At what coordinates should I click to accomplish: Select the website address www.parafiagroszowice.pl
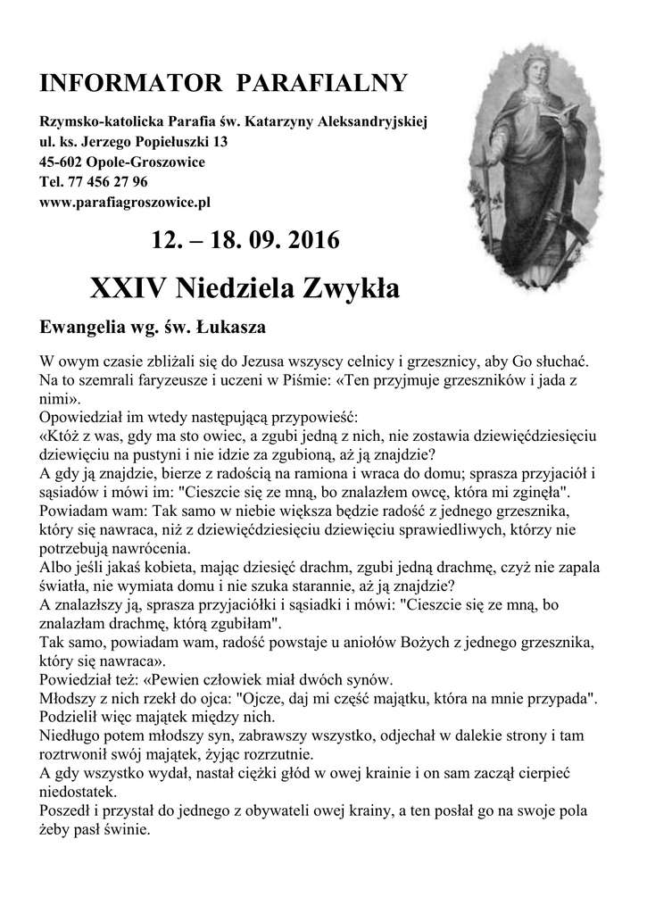125,203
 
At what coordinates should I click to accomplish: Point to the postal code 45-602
60,162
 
